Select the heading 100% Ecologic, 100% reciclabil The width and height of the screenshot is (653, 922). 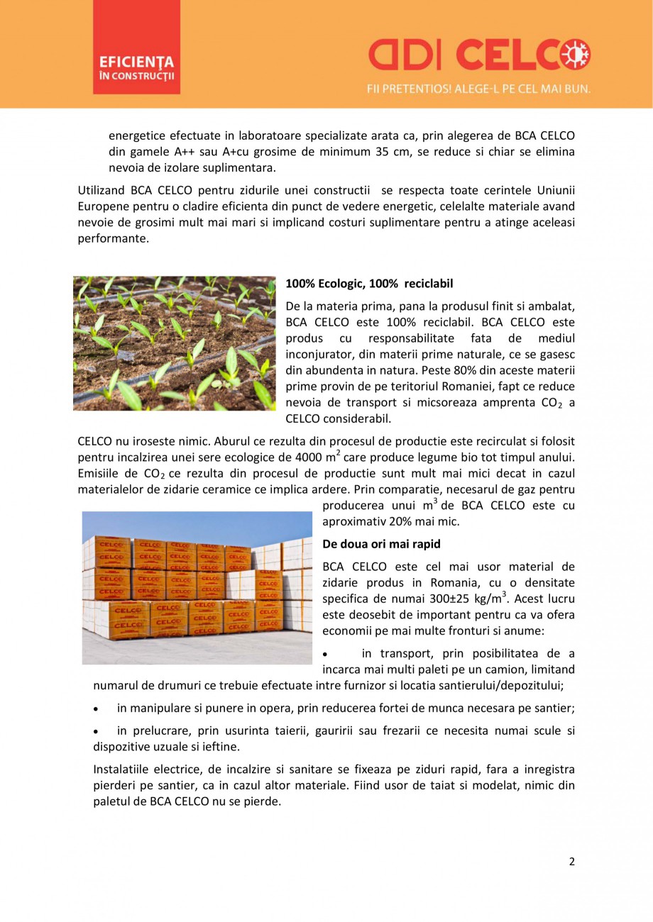(x=369, y=283)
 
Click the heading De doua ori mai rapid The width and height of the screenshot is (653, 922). (x=381, y=544)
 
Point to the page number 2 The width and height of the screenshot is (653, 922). (x=571, y=862)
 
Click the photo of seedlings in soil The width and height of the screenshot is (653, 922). (x=175, y=343)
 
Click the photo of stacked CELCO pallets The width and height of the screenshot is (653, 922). (x=197, y=587)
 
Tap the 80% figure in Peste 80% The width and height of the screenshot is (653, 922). (x=463, y=370)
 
